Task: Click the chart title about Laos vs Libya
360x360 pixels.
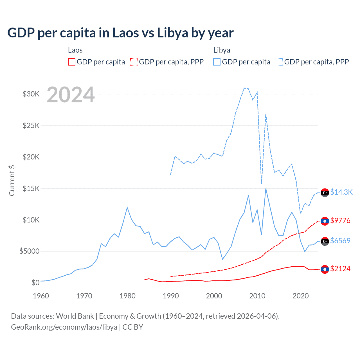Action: point(120,33)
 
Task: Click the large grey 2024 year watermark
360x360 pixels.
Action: point(71,95)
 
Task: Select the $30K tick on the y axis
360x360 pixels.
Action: point(31,94)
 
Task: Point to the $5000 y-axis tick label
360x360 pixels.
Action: point(29,251)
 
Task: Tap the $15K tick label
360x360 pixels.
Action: point(31,188)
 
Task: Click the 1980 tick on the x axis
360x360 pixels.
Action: point(127,296)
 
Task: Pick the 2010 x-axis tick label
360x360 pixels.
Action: point(257,296)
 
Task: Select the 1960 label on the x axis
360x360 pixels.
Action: point(41,296)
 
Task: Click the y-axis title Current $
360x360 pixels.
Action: point(12,180)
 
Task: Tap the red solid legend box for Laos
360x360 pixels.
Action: point(72,62)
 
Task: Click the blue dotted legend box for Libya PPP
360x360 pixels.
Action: point(279,62)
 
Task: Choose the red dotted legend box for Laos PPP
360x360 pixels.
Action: point(134,62)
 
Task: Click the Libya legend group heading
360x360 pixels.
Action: point(222,50)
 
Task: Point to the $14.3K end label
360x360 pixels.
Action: point(341,192)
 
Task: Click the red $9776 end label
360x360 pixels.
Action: point(340,220)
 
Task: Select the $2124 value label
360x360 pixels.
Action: point(340,269)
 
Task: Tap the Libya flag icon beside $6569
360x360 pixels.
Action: point(325,241)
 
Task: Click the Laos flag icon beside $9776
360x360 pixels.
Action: point(325,221)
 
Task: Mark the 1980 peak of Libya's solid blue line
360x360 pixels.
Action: point(127,208)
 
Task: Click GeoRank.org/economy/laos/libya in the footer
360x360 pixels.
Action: point(64,327)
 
